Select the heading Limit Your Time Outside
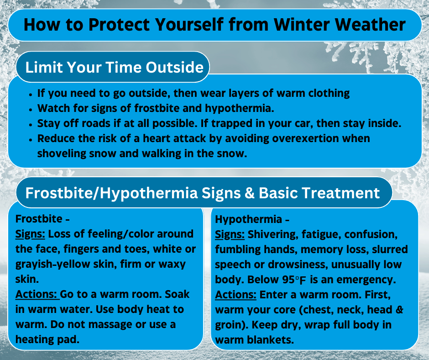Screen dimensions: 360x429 click(114, 67)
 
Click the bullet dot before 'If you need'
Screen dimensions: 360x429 click(30, 94)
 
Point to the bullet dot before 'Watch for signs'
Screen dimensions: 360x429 click(30, 109)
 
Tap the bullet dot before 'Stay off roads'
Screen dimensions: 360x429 click(30, 124)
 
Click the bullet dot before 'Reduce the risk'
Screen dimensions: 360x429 click(30, 139)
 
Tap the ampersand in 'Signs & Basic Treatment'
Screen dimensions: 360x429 click(249, 193)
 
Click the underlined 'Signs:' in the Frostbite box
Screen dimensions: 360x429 click(30, 234)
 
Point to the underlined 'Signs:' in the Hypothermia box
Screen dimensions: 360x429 click(230, 234)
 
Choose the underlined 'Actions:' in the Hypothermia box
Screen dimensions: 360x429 click(236, 295)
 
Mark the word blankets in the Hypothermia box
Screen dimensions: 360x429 click(273, 340)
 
